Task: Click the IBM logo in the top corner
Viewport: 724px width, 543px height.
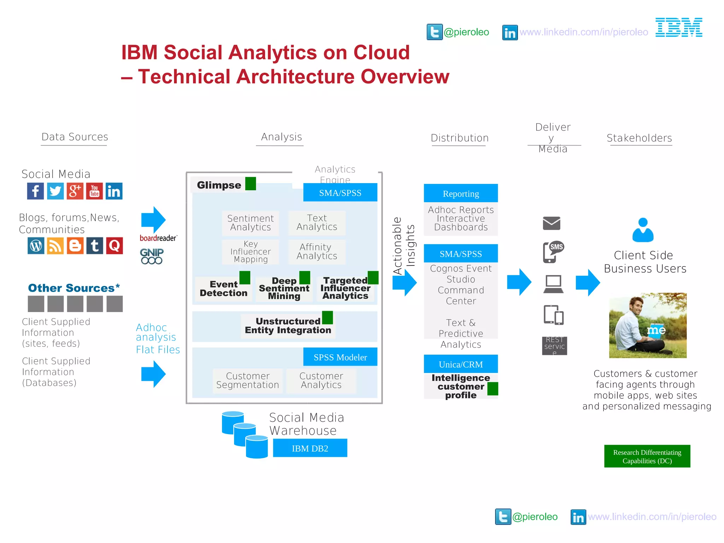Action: click(x=679, y=27)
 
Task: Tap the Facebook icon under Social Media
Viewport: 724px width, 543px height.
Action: click(x=35, y=191)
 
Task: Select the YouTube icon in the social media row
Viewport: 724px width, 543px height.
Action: click(x=94, y=191)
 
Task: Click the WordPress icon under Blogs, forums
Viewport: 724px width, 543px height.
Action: click(x=36, y=246)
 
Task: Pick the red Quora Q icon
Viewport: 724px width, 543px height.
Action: click(x=114, y=246)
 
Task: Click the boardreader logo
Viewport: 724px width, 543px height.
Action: click(x=158, y=238)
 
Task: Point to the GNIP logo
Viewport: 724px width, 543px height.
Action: click(x=152, y=256)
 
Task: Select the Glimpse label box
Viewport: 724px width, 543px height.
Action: click(x=219, y=185)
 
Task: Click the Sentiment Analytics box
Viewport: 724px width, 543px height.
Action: click(x=250, y=223)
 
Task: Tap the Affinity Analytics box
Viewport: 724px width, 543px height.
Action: click(x=317, y=252)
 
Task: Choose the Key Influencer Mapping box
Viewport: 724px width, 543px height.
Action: click(x=250, y=252)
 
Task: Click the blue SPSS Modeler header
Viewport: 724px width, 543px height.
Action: click(x=340, y=357)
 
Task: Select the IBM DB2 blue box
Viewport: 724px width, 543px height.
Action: click(x=310, y=448)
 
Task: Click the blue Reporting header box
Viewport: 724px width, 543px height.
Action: click(x=461, y=193)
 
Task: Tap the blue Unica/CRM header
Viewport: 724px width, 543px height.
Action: click(x=461, y=364)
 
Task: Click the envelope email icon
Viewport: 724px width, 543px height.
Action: click(x=551, y=223)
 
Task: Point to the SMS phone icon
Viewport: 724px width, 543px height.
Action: click(x=553, y=252)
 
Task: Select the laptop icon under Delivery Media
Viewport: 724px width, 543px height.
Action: click(x=553, y=284)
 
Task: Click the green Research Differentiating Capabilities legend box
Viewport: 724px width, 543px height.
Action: click(x=647, y=456)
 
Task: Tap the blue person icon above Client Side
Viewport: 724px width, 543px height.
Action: click(x=643, y=230)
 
